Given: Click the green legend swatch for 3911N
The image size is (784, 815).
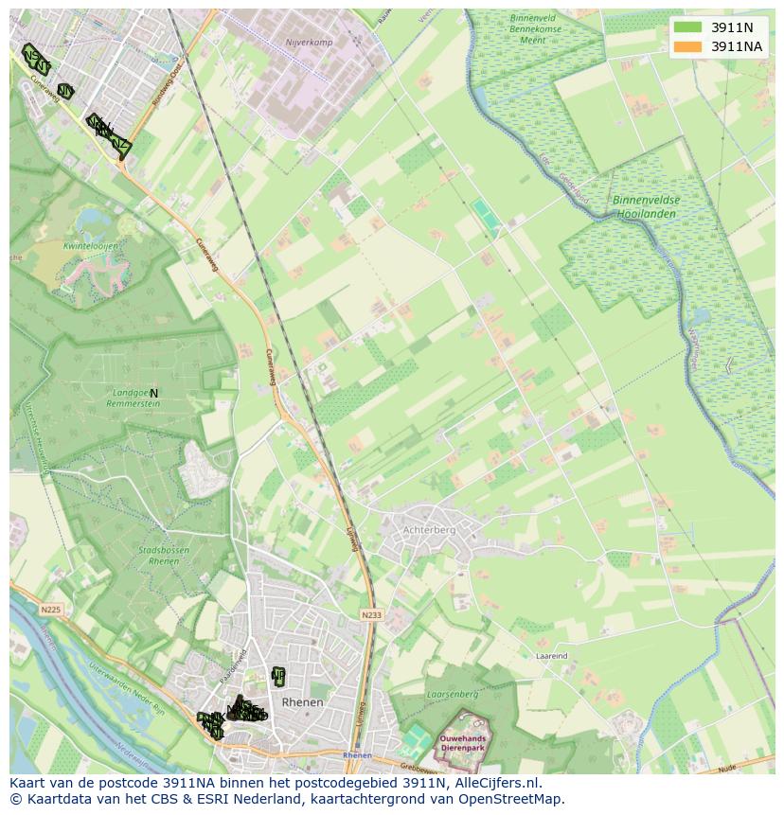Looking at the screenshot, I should (x=688, y=27).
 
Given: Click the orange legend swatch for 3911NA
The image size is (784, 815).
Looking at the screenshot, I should (x=688, y=46).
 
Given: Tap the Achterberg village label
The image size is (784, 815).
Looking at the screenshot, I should (x=429, y=530).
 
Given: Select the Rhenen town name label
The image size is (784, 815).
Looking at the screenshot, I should (x=303, y=702).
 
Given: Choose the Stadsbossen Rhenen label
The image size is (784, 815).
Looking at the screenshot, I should (x=158, y=555).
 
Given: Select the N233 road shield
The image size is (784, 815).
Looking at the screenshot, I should (x=370, y=615).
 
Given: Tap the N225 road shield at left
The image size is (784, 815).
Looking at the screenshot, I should (x=50, y=611).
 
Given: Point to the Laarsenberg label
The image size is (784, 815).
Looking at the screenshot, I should (x=453, y=694).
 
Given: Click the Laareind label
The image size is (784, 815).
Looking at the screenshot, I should (x=551, y=655).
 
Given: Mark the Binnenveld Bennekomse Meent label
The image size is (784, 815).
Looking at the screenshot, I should (x=535, y=28).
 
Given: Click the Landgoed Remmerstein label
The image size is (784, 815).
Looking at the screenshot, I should (x=135, y=398).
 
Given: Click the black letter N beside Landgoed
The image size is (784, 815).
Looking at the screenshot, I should (x=153, y=393).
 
